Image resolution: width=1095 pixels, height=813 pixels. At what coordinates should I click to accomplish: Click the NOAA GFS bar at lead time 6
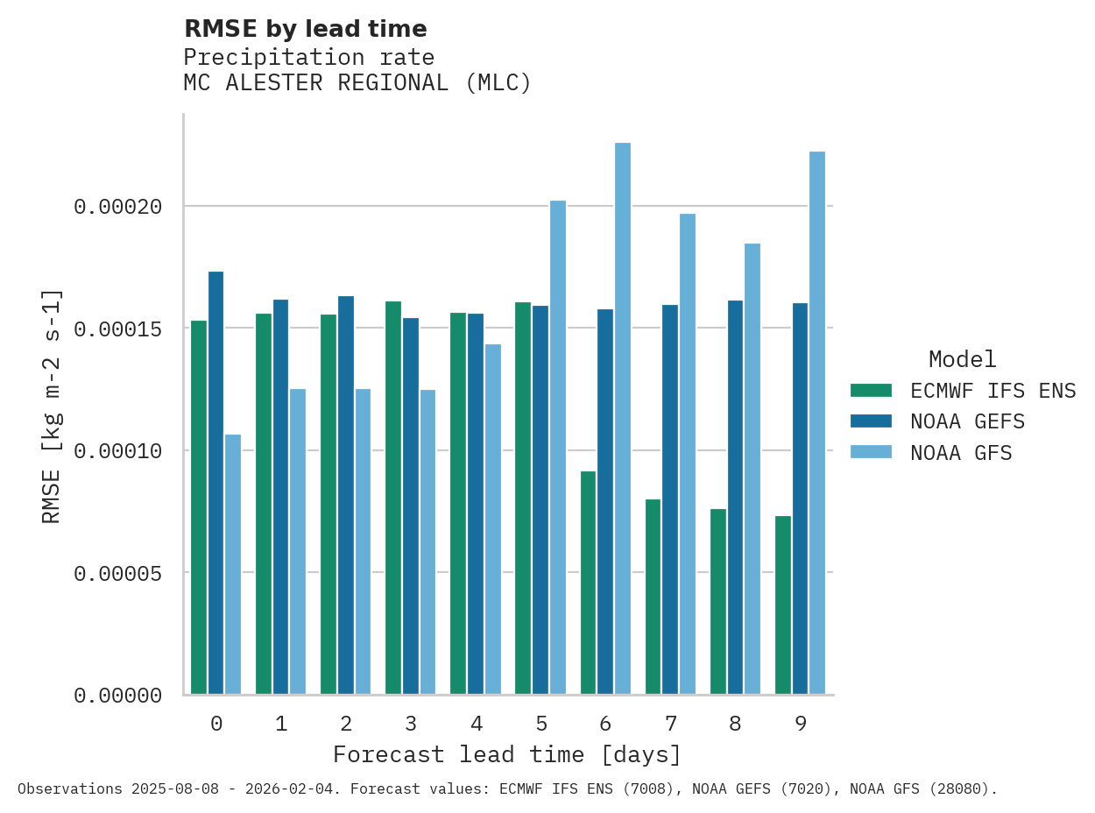623,419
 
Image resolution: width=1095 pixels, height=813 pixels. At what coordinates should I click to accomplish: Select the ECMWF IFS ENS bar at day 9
783,605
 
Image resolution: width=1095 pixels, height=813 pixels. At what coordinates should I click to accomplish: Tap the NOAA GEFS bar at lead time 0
215,483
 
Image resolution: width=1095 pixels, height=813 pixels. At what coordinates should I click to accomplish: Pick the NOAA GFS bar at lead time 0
233,564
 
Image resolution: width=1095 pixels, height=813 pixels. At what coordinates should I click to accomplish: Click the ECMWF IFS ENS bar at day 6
588,583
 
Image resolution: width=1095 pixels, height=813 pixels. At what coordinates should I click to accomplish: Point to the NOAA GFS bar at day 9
817,423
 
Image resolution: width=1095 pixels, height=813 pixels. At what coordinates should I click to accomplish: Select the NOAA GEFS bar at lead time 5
540,500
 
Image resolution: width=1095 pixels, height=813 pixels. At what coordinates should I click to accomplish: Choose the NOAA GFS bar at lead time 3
427,542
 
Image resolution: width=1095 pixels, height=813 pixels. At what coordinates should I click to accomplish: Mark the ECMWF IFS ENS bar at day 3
393,498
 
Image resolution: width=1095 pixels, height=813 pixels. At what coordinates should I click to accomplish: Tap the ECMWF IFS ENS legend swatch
871,391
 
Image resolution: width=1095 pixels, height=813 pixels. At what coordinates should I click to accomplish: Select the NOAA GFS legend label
961,453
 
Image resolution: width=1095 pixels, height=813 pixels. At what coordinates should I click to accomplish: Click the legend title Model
962,359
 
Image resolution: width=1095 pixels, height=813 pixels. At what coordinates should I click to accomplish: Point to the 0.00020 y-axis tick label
117,207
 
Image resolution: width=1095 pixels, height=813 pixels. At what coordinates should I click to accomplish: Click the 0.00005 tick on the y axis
117,573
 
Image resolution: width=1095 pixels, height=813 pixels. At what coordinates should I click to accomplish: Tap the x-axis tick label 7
671,724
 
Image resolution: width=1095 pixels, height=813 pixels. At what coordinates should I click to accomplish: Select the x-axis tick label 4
476,724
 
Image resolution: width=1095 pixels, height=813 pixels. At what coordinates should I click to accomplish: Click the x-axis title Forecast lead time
506,754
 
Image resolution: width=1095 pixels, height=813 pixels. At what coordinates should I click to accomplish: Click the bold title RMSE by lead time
305,29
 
